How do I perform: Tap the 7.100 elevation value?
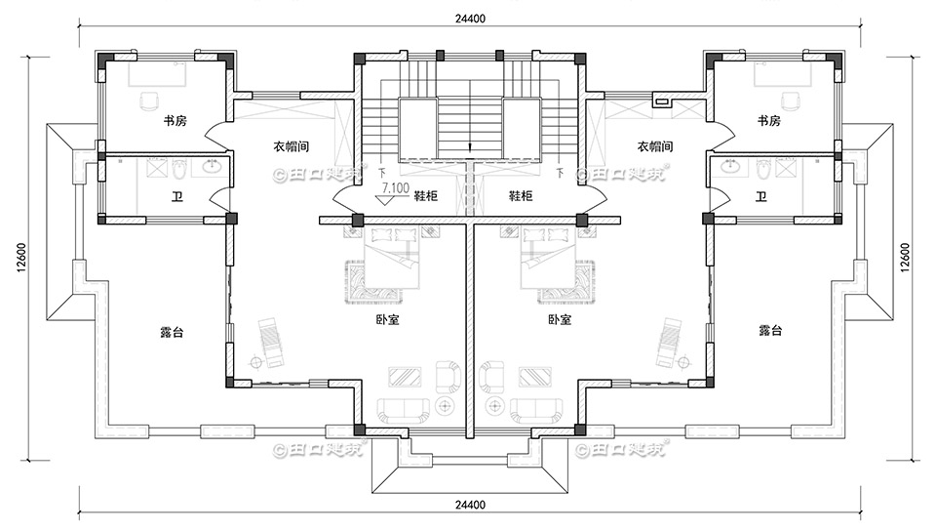click(395, 185)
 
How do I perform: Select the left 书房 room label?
click(175, 121)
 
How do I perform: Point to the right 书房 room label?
click(768, 121)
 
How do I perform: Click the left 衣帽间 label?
click(291, 146)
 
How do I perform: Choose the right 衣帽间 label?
click(655, 146)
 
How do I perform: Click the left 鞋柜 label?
click(425, 196)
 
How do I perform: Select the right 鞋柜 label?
click(521, 196)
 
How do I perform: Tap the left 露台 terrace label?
click(172, 332)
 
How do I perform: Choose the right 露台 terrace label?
click(770, 332)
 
